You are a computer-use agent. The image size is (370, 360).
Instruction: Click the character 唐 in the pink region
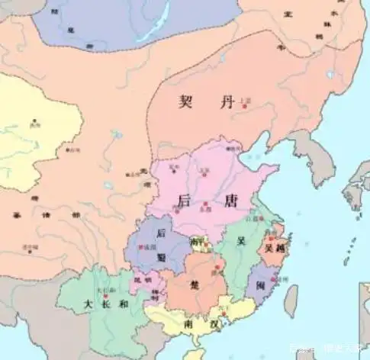[211, 201]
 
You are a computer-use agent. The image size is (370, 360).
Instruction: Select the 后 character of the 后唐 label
[184, 201]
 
